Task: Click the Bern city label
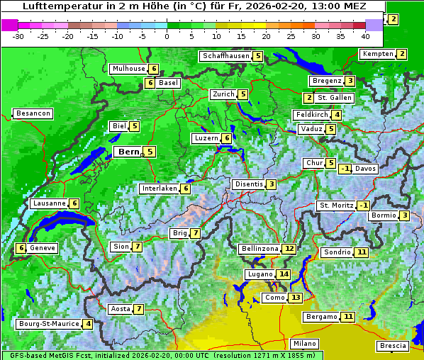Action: click(x=129, y=152)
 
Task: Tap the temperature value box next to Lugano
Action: click(x=284, y=274)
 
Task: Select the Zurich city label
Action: click(x=223, y=94)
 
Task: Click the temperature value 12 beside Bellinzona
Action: click(x=289, y=249)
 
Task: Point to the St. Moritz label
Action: click(x=335, y=206)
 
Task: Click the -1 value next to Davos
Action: click(x=345, y=169)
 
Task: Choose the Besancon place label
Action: click(x=33, y=113)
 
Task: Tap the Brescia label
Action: click(x=394, y=346)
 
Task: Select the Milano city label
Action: click(x=305, y=344)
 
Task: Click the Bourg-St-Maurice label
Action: click(x=48, y=324)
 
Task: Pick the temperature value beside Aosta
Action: click(x=139, y=309)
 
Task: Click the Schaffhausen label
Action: click(x=225, y=56)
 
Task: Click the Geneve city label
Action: click(x=43, y=248)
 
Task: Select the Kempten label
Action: click(x=377, y=54)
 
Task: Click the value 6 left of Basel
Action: click(x=150, y=83)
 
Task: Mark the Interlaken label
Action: click(x=159, y=189)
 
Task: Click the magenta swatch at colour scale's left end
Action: click(x=9, y=25)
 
